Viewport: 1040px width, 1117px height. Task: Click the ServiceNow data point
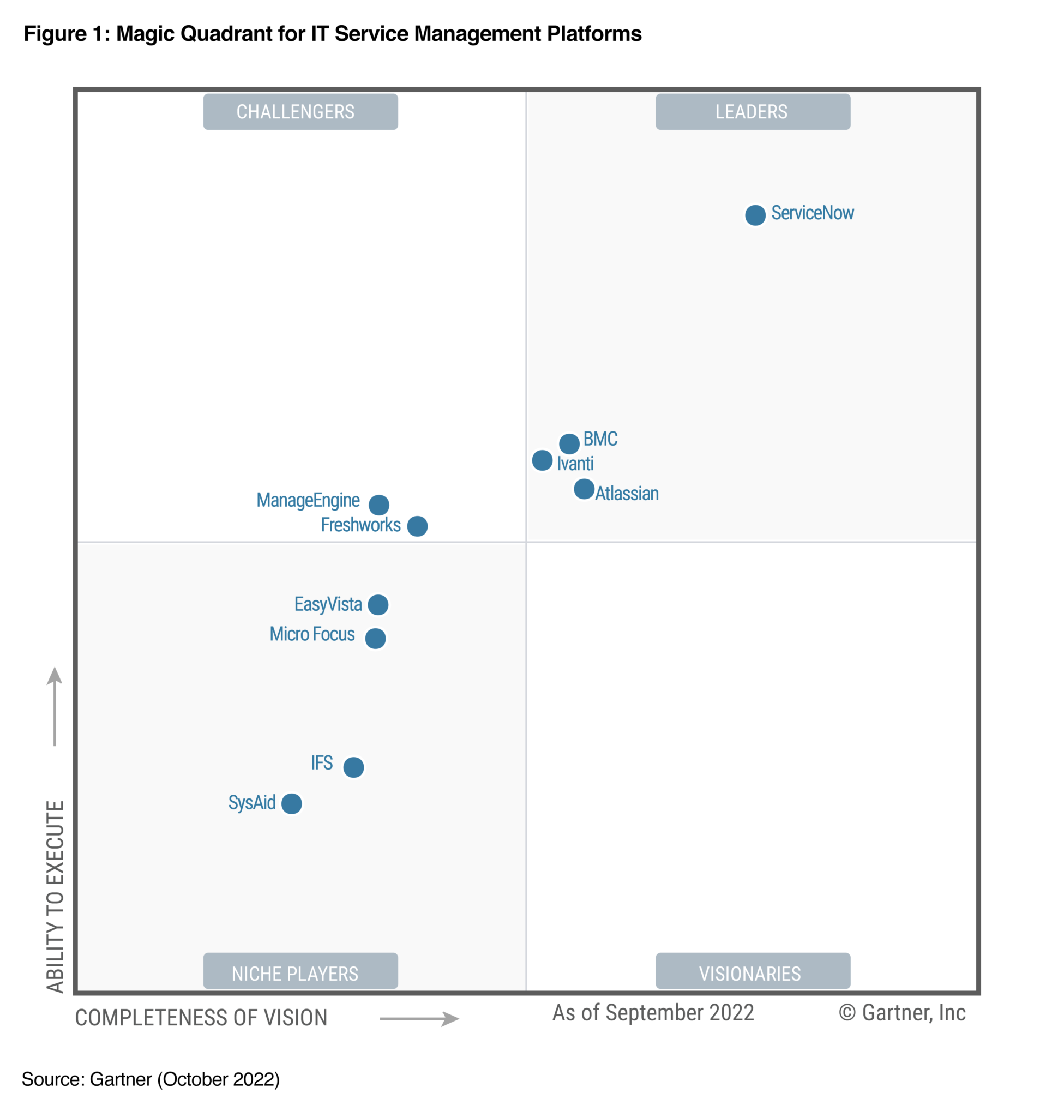point(755,215)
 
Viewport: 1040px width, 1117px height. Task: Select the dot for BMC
point(569,443)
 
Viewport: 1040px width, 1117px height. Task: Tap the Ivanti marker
point(542,460)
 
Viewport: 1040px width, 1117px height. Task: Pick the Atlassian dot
point(584,489)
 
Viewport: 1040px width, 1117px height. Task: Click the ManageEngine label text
point(308,500)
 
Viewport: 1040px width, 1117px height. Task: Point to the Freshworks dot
point(417,526)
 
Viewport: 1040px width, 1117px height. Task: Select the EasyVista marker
point(377,604)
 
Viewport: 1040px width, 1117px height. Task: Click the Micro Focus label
point(312,634)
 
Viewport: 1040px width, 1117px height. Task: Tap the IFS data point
point(353,767)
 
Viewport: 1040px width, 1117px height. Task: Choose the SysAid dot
point(291,803)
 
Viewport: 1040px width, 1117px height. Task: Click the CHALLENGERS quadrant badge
point(300,112)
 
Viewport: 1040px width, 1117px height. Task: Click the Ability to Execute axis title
point(55,896)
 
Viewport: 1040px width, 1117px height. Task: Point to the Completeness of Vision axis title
point(201,1018)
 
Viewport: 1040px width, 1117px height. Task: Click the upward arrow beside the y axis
point(55,706)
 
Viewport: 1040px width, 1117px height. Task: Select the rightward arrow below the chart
point(419,1018)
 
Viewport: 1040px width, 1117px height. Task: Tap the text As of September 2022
point(653,1012)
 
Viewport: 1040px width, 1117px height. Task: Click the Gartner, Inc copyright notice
point(902,1012)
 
